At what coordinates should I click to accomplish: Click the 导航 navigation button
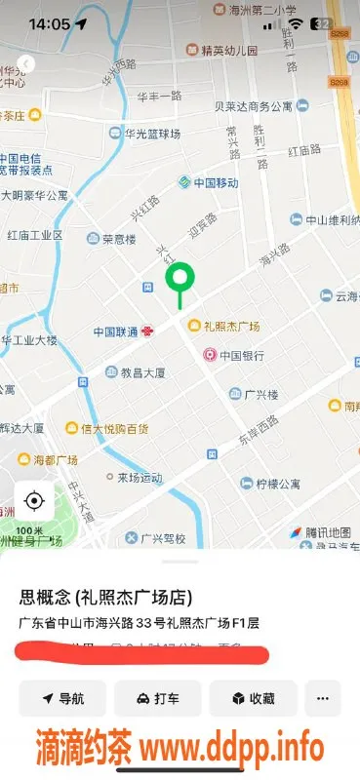point(62,698)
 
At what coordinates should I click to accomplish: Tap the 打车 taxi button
point(157,698)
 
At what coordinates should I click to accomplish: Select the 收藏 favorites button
point(252,698)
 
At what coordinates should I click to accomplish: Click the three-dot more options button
point(323,698)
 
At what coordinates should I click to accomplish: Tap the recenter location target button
point(34,501)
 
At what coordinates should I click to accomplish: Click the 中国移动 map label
point(215,182)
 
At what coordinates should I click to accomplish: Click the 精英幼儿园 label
point(229,50)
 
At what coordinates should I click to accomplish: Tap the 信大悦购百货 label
point(114,428)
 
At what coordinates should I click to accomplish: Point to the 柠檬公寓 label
point(278,484)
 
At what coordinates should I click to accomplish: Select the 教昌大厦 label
point(141,372)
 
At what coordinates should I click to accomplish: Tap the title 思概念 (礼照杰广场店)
point(105,597)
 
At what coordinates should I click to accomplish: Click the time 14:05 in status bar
point(49,23)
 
